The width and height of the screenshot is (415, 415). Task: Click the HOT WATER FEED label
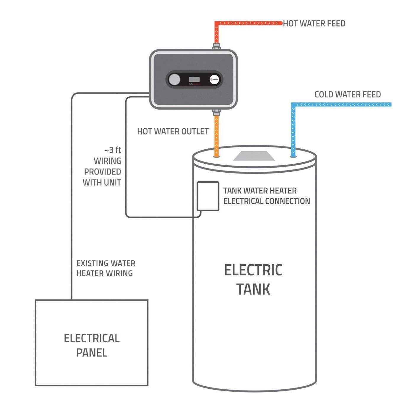click(x=314, y=23)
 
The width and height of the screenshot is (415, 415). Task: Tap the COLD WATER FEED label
click(x=347, y=95)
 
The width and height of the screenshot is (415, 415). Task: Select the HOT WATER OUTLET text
click(x=173, y=132)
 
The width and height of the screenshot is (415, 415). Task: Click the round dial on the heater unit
click(x=174, y=80)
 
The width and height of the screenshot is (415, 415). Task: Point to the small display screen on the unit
click(x=194, y=80)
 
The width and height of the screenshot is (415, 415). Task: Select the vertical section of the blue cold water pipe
click(x=293, y=130)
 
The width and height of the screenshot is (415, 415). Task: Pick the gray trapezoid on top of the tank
click(x=254, y=156)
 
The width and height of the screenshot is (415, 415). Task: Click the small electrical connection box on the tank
click(x=208, y=196)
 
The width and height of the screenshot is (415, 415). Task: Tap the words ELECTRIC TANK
click(x=253, y=280)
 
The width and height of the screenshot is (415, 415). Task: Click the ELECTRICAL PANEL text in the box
click(x=92, y=345)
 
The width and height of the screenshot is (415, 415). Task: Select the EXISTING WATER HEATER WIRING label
click(x=105, y=268)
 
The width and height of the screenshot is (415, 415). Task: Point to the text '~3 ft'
click(x=113, y=150)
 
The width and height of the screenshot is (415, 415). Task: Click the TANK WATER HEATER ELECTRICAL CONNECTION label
click(x=266, y=196)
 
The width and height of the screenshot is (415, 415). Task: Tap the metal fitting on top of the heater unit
click(x=216, y=47)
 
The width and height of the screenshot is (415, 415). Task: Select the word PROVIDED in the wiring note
click(x=102, y=172)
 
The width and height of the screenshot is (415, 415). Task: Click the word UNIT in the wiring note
click(x=113, y=183)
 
